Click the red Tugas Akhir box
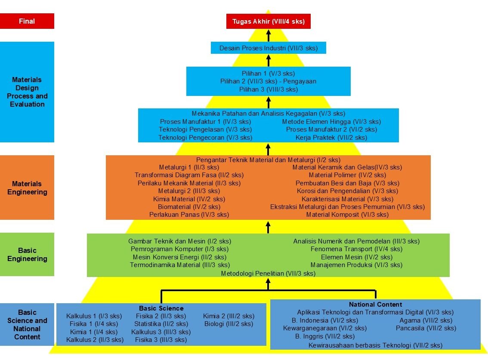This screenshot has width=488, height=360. point(268,21)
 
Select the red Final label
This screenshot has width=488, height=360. point(27,21)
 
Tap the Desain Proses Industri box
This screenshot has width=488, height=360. point(268,48)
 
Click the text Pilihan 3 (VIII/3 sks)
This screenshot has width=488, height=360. point(268,89)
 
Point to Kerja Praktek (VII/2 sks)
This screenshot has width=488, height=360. point(331,138)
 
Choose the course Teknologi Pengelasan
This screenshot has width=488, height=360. point(205,129)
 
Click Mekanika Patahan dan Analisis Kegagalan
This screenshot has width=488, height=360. point(268,114)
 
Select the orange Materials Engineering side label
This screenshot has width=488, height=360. point(27,188)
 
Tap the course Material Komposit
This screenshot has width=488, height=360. point(347,215)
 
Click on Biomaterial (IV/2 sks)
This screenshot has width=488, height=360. point(189,207)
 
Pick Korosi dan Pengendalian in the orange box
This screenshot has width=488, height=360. point(347,191)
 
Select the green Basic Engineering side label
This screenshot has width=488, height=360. point(27,255)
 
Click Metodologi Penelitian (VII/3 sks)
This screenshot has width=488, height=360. point(268,274)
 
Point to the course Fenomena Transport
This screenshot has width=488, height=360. point(356,249)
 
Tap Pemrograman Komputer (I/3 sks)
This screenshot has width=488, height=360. point(179,249)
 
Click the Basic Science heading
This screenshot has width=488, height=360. point(161,308)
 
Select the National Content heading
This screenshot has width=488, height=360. point(375,305)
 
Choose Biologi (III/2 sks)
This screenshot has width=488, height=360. point(229,324)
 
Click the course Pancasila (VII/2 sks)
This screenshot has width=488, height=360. point(426,328)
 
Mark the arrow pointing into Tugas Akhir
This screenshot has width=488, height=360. point(269,35)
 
